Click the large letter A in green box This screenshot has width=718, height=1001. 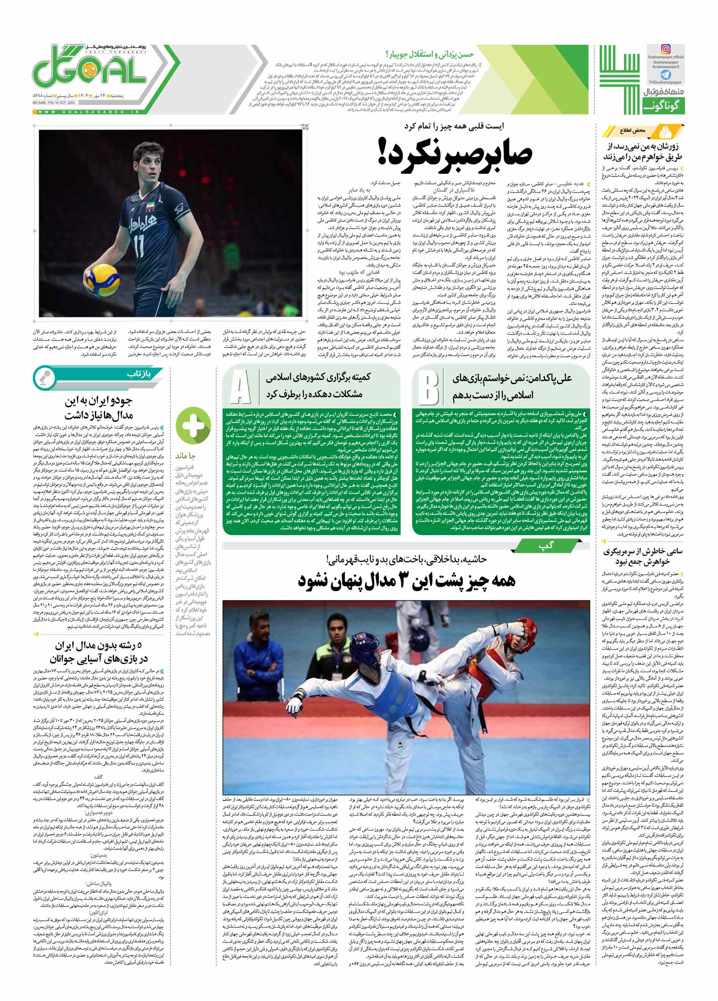pyautogui.click(x=240, y=388)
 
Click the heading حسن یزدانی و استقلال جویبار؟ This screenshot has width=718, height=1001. pyautogui.click(x=429, y=54)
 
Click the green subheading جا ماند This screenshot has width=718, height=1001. pyautogui.click(x=187, y=456)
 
